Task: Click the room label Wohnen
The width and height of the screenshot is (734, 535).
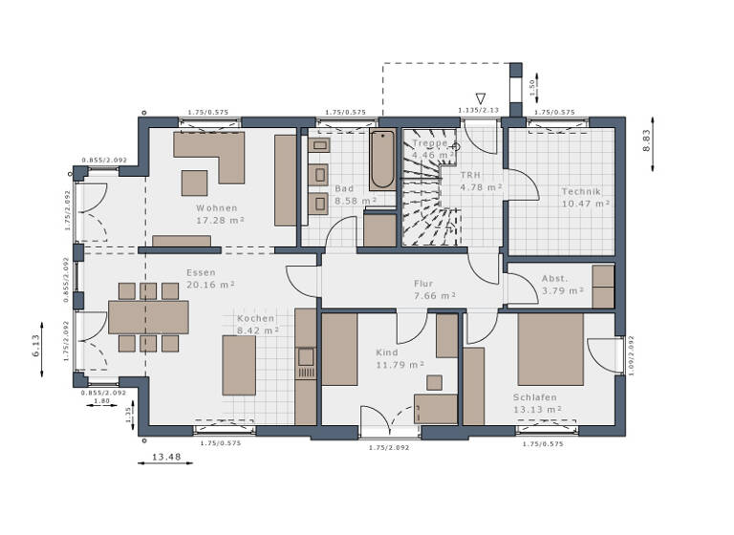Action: click(217, 207)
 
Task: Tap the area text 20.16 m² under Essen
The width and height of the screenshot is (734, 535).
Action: click(212, 284)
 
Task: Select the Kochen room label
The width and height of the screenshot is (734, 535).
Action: click(256, 318)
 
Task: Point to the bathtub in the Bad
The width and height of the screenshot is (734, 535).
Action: click(382, 160)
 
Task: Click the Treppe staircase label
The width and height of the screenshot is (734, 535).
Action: click(429, 143)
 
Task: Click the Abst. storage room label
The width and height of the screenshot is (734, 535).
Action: click(554, 279)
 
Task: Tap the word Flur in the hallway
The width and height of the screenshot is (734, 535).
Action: click(423, 284)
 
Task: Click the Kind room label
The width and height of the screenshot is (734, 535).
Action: click(386, 353)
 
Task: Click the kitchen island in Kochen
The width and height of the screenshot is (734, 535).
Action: click(239, 364)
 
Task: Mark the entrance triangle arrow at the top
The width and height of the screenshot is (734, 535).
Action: click(481, 97)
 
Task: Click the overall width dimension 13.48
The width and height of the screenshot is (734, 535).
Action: click(166, 456)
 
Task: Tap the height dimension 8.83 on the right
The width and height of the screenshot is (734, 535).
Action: click(646, 141)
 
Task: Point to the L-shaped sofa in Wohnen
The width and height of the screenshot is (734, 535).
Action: click(215, 153)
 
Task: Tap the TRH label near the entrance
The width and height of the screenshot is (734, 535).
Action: click(470, 175)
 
